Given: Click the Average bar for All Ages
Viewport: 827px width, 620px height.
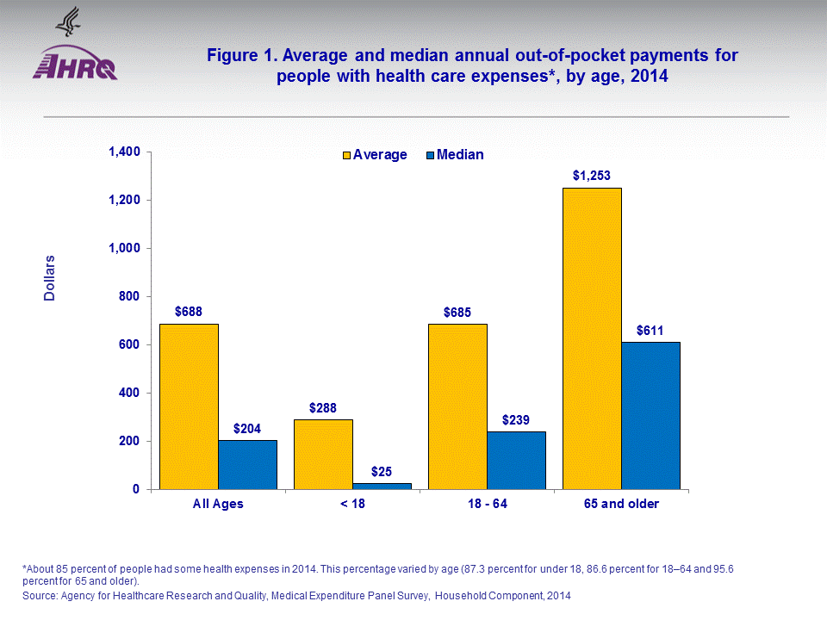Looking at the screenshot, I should pos(189,406).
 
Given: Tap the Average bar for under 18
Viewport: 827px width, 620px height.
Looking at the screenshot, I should pos(323,455).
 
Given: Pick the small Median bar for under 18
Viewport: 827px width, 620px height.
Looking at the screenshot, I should pos(382,487).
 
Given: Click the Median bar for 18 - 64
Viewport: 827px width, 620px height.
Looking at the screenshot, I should pos(516,461).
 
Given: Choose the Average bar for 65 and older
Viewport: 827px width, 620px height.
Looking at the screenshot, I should pos(592,338).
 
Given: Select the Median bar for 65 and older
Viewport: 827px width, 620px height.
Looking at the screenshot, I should pos(650,416).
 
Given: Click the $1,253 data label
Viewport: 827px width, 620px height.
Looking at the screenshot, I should pos(592,175).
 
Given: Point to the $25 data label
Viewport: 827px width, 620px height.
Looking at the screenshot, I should pos(382,471).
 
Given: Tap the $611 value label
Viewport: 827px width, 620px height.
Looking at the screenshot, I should pos(650,330).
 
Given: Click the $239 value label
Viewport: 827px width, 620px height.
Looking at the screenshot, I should pos(516,419).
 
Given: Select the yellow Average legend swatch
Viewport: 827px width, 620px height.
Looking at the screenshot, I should pos(346,155).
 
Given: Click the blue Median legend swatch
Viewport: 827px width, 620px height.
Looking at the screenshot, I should pos(430,155).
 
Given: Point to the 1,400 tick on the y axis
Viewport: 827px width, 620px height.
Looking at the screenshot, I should pos(124,152).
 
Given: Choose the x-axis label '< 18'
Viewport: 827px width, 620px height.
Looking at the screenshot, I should pos(351,504).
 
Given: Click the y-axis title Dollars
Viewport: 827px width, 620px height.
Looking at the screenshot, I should pos(49,277).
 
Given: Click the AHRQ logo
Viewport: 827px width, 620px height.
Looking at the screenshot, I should pos(75,63).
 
